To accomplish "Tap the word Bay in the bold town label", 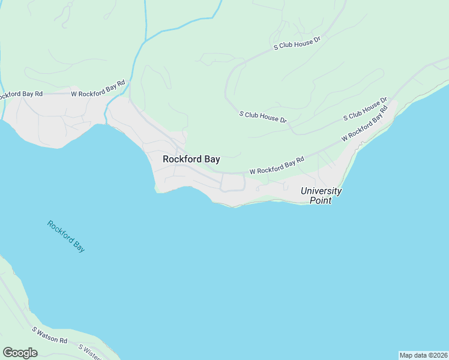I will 211,160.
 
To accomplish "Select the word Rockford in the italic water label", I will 60,230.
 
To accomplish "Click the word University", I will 321,191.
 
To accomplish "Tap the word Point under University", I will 321,200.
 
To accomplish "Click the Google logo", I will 20,352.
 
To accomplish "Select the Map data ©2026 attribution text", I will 423,355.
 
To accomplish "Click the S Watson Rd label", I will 50,335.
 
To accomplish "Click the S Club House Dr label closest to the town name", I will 263,116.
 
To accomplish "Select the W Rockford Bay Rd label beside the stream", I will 98,88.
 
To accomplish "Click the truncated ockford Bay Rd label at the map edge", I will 21,94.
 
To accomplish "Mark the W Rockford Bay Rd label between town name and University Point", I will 277,166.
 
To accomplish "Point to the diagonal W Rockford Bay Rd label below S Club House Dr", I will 362,127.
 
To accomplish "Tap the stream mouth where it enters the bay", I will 106,124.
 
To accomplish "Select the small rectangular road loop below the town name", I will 233,182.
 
